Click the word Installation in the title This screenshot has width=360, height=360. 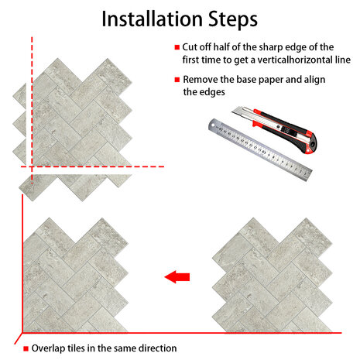pos(153,19)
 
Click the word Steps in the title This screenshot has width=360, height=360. pos(233,19)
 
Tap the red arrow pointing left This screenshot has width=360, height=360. pos(177,277)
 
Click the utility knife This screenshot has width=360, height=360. pos(274,129)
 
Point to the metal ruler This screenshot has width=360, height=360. pos(260,149)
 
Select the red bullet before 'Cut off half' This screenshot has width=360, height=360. pos(177,47)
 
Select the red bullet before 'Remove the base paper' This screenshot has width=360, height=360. pos(177,80)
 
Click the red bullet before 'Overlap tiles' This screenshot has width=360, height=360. pos(26,348)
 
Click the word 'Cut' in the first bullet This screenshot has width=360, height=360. pos(189,47)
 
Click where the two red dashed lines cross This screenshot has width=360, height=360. pos(32,166)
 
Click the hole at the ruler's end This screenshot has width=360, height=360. pos(213,125)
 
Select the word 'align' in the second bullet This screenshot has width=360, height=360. pos(314,80)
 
